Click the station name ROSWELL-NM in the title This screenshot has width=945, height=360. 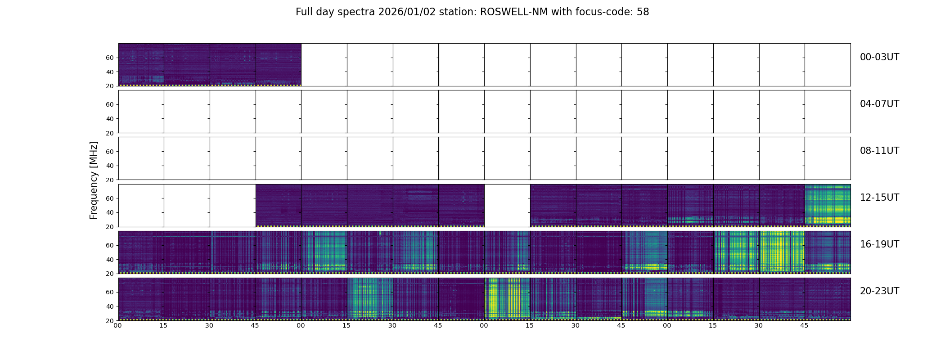point(514,12)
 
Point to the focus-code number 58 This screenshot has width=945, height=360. point(643,12)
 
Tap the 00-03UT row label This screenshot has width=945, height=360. point(879,57)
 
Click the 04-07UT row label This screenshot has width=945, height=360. point(879,104)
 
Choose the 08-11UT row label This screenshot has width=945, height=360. point(879,151)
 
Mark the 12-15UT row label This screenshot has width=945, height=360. point(879,198)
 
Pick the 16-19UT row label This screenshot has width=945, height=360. point(879,244)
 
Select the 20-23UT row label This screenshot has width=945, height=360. point(879,291)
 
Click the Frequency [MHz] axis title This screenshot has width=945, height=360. point(94,180)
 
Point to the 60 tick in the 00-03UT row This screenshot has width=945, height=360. point(110,58)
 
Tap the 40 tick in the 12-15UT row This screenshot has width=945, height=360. point(110,212)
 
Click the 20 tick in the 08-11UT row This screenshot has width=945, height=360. point(110,180)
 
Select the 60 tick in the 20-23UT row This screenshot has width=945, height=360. point(110,292)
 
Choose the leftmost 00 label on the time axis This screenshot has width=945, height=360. point(118,325)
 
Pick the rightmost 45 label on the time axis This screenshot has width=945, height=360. point(805,325)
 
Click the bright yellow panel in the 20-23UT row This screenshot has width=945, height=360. point(507,299)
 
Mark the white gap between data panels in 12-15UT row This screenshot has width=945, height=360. point(507,205)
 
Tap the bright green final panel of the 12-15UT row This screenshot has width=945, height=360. point(828,205)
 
